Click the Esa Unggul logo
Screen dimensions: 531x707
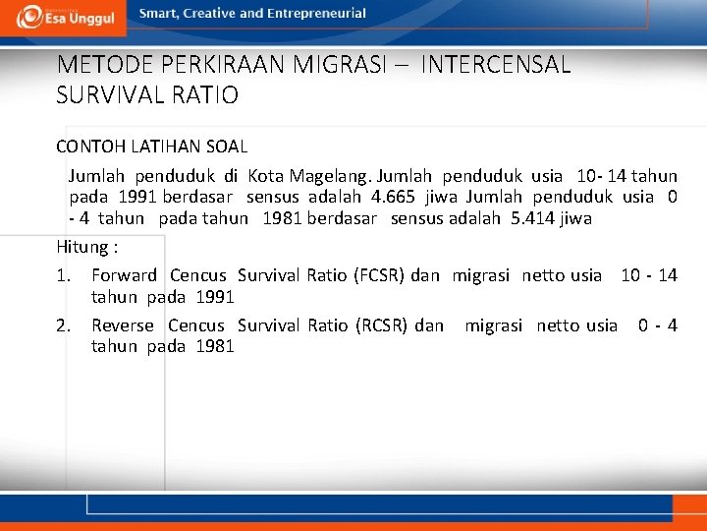click(x=65, y=17)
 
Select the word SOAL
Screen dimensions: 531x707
click(x=229, y=147)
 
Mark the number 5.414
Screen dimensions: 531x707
click(x=533, y=218)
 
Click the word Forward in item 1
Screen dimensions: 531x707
click(x=124, y=275)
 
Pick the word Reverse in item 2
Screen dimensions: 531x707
click(x=123, y=325)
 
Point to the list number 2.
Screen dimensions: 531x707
click(x=64, y=325)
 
